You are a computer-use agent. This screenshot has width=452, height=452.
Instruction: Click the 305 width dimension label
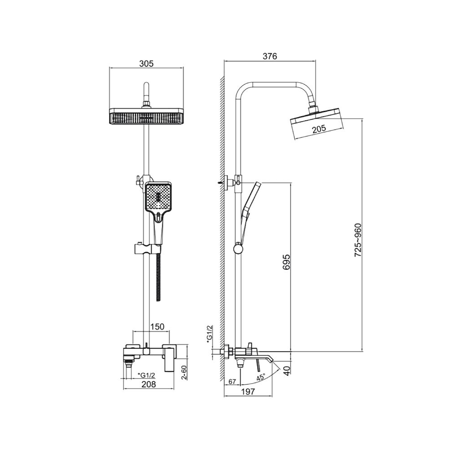(146, 64)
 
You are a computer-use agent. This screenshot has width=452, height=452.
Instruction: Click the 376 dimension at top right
(270, 56)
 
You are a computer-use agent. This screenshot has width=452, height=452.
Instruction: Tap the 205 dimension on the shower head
(319, 128)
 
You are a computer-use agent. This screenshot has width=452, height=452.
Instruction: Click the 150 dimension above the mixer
(157, 326)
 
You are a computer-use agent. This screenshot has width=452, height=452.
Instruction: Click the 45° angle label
(261, 377)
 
